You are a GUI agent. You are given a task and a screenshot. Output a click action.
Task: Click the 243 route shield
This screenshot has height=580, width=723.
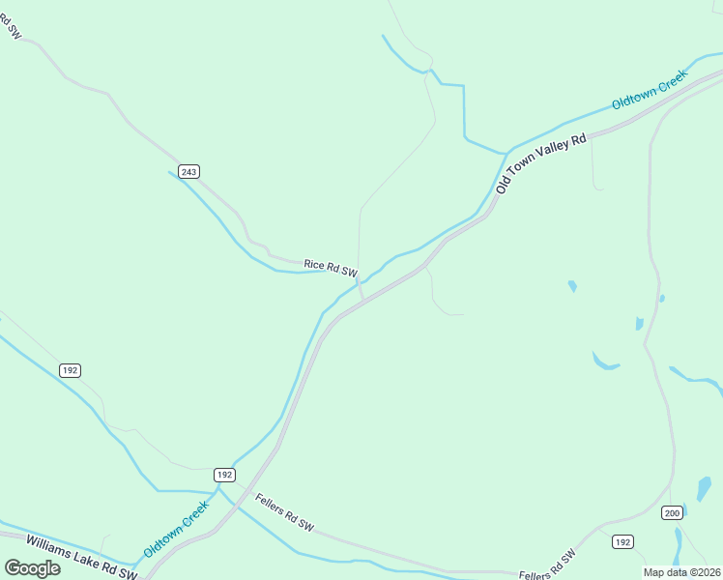point(189,172)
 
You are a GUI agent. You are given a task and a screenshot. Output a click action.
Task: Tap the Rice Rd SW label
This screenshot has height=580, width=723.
point(331,267)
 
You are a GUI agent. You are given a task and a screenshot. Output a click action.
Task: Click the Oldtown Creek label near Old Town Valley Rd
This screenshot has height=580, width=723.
point(649,90)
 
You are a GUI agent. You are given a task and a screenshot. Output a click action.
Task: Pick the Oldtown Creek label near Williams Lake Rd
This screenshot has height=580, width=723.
point(176,529)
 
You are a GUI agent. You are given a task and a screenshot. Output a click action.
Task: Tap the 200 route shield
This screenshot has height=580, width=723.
point(673,512)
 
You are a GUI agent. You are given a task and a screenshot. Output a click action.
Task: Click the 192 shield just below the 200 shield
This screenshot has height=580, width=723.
point(623,542)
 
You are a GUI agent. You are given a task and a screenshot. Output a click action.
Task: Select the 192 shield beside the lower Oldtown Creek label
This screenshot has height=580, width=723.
point(224,475)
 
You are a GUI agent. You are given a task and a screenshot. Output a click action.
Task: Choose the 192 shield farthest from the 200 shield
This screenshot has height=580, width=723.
point(69,370)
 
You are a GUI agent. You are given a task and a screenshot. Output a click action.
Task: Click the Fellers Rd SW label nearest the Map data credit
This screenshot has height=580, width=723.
point(547,565)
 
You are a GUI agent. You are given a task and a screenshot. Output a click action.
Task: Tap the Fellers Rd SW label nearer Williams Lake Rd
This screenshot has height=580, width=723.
point(284,511)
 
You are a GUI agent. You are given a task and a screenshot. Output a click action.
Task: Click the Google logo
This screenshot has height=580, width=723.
point(33,568)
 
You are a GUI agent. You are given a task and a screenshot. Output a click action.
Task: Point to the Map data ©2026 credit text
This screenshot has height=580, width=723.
point(681,572)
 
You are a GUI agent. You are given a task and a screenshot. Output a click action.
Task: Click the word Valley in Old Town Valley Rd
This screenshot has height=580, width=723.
point(552,157)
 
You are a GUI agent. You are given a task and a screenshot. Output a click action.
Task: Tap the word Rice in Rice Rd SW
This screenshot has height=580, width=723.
point(314,264)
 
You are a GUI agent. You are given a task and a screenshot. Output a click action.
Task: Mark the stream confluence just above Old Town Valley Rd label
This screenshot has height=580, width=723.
point(506,153)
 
